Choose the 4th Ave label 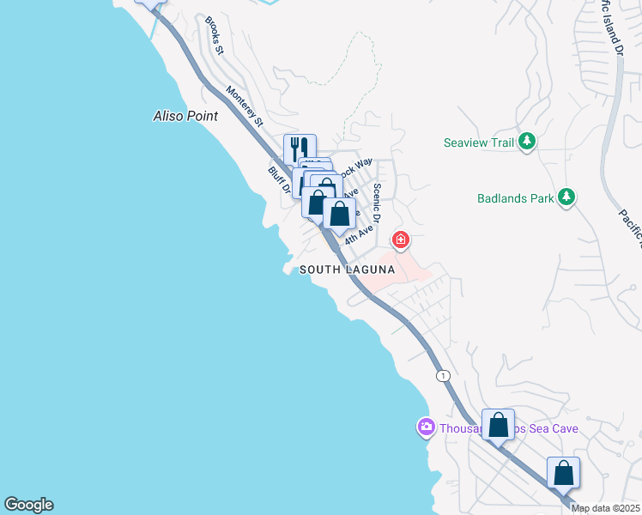[x=360, y=232]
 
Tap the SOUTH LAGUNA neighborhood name [x=347, y=270]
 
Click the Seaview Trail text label [x=479, y=142]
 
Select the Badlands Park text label [x=515, y=198]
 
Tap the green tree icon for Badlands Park [x=566, y=197]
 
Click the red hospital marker [x=400, y=239]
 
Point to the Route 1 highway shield [x=442, y=376]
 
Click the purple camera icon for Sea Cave [x=426, y=427]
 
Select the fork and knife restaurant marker [x=300, y=148]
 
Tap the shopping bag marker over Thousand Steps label [x=498, y=424]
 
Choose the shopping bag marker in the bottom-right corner [x=563, y=472]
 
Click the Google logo [x=28, y=505]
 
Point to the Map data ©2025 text [x=606, y=508]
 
